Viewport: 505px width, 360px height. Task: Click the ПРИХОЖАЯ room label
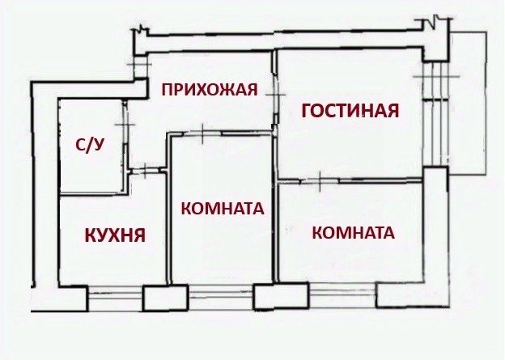[209, 89]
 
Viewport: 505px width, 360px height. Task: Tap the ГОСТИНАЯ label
[350, 111]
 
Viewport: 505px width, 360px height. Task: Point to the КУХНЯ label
[115, 235]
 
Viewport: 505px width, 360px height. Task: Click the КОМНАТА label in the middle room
[223, 208]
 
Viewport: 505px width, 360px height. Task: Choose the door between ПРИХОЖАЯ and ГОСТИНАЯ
[274, 94]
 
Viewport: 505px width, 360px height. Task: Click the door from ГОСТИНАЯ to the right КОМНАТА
[320, 180]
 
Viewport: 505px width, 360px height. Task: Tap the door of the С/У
[125, 121]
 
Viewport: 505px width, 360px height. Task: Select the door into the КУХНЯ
[145, 170]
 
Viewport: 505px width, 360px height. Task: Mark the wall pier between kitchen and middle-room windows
[159, 298]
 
